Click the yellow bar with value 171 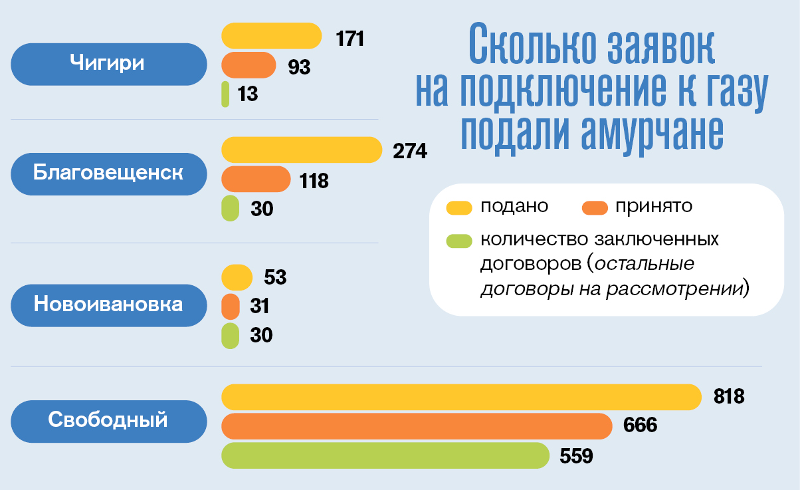pos(271,36)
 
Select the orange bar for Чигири pos(249,65)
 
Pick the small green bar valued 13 pos(225,94)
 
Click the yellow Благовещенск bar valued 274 pos(302,150)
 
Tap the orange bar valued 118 pos(256,179)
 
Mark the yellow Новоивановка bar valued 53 pos(237,277)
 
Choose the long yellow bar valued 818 pos(461,397)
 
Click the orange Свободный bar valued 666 pos(417,426)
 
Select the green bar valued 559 pos(385,455)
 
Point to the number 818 pos(729,397)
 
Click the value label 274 pos(410,150)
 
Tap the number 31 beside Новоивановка pos(260,306)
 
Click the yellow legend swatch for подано pos(459,207)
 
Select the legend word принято pos(654,206)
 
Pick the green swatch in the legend pos(459,239)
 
